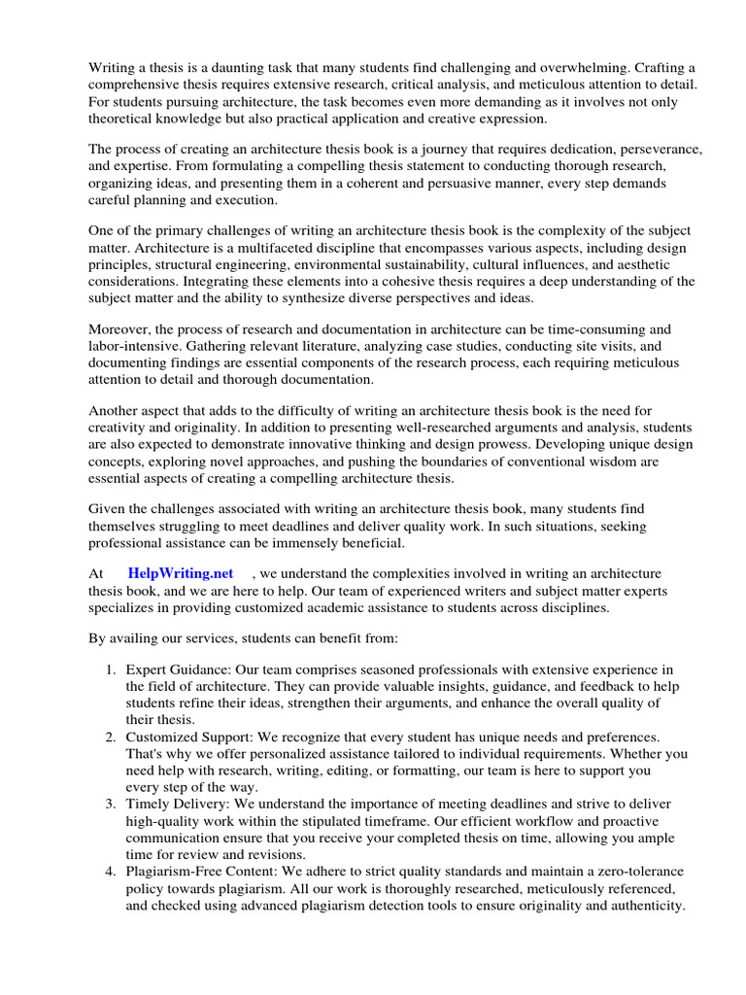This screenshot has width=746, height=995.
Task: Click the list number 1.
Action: point(109,670)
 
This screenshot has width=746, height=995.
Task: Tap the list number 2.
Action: point(109,737)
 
